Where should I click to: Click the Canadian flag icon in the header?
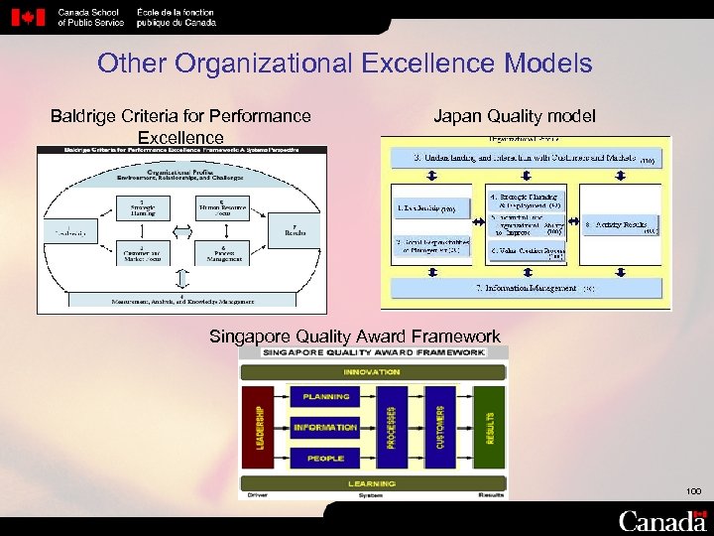tap(33, 17)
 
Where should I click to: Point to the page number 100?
tap(692, 491)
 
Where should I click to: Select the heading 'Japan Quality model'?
tap(515, 116)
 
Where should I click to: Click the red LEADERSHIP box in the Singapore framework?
tap(260, 428)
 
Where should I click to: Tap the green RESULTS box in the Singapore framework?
tap(489, 428)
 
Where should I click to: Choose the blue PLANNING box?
tap(325, 397)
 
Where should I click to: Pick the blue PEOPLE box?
tap(325, 458)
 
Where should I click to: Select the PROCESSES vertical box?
tap(391, 428)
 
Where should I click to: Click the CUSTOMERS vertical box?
tap(439, 428)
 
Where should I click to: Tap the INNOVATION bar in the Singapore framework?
tap(372, 372)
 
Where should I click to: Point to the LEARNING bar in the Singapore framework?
tap(372, 483)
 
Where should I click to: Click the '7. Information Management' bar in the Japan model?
tap(525, 289)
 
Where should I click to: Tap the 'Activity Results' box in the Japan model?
tap(620, 226)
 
